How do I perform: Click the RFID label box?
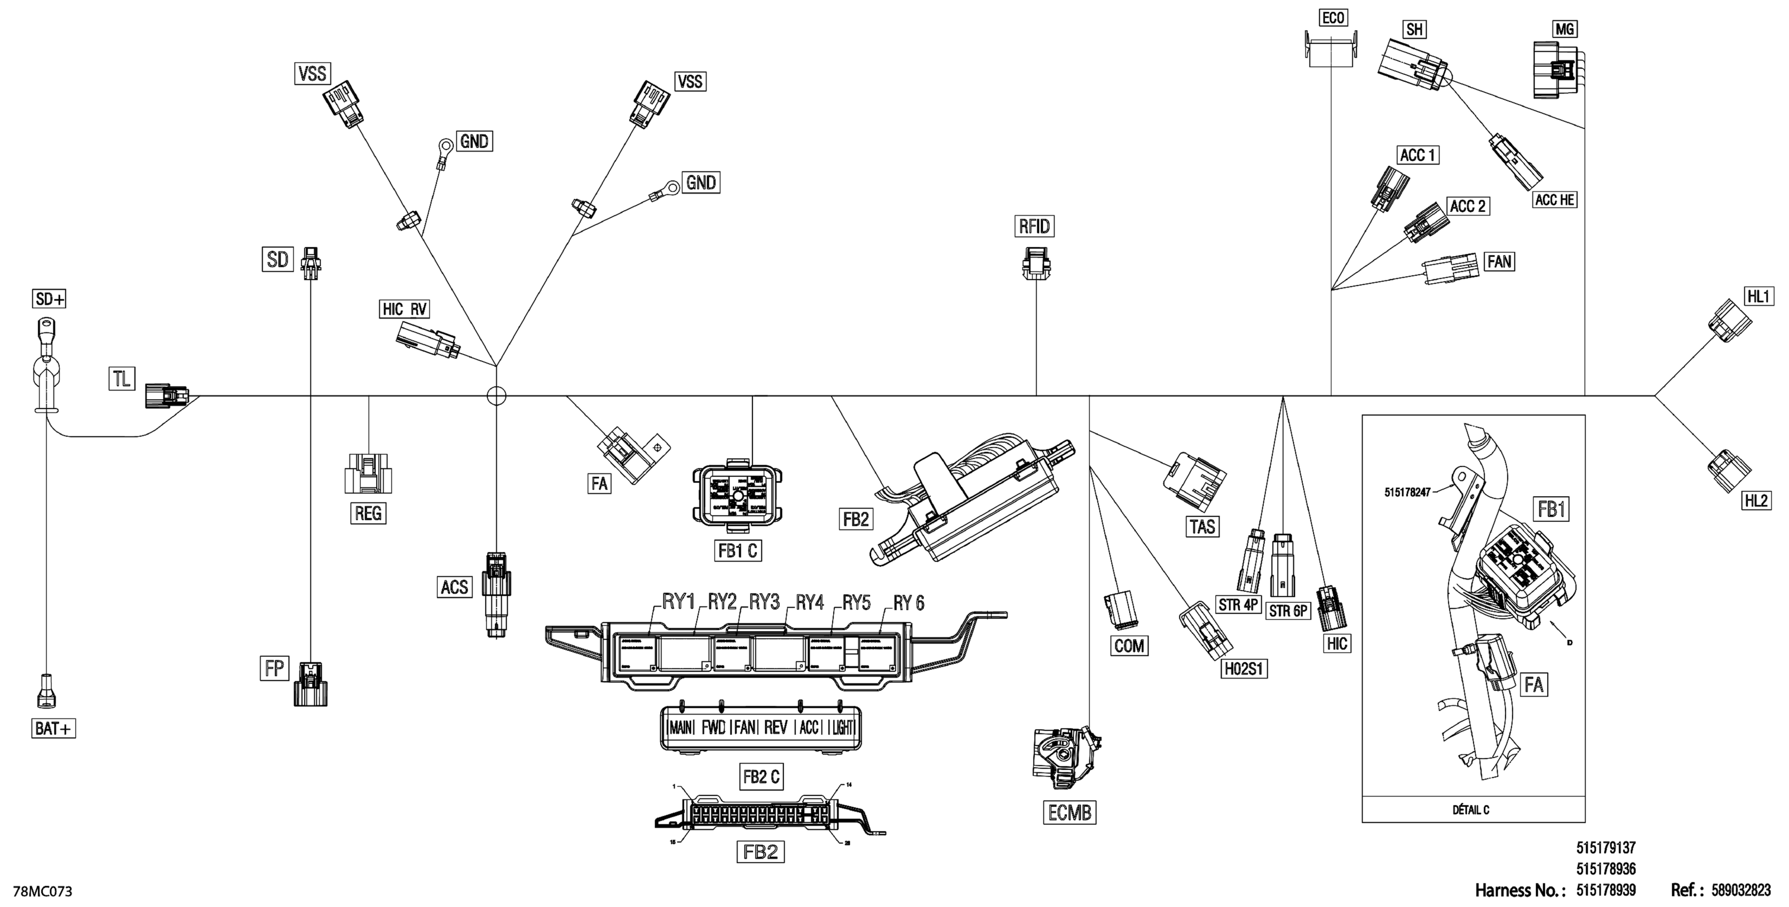pos(1034,226)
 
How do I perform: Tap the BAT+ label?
pos(53,728)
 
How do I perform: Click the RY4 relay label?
pos(809,602)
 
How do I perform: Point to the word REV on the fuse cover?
pos(775,727)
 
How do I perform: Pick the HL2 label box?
pos(1756,500)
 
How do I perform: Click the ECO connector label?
pos(1333,18)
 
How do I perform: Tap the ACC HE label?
pos(1555,200)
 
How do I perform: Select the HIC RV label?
pos(405,309)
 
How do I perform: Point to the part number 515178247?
pos(1407,492)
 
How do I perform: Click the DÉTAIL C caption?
pos(1471,810)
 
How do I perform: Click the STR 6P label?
pos(1288,610)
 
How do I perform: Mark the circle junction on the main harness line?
pos(496,396)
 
